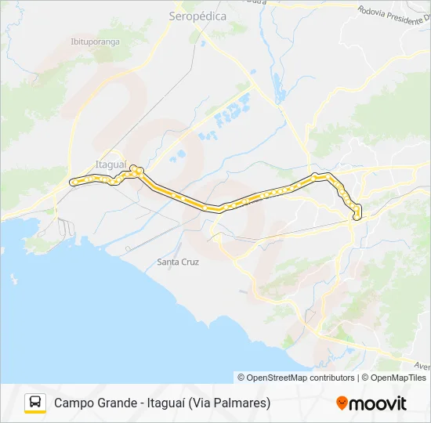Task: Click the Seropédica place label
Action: tap(197, 16)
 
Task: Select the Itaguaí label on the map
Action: tap(110, 164)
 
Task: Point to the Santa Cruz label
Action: tap(178, 261)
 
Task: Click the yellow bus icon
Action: tap(35, 403)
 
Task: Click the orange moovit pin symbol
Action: tap(342, 403)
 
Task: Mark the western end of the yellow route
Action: tap(72, 183)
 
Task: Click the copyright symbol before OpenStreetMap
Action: tap(241, 378)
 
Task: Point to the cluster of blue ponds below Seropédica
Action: tap(227, 115)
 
